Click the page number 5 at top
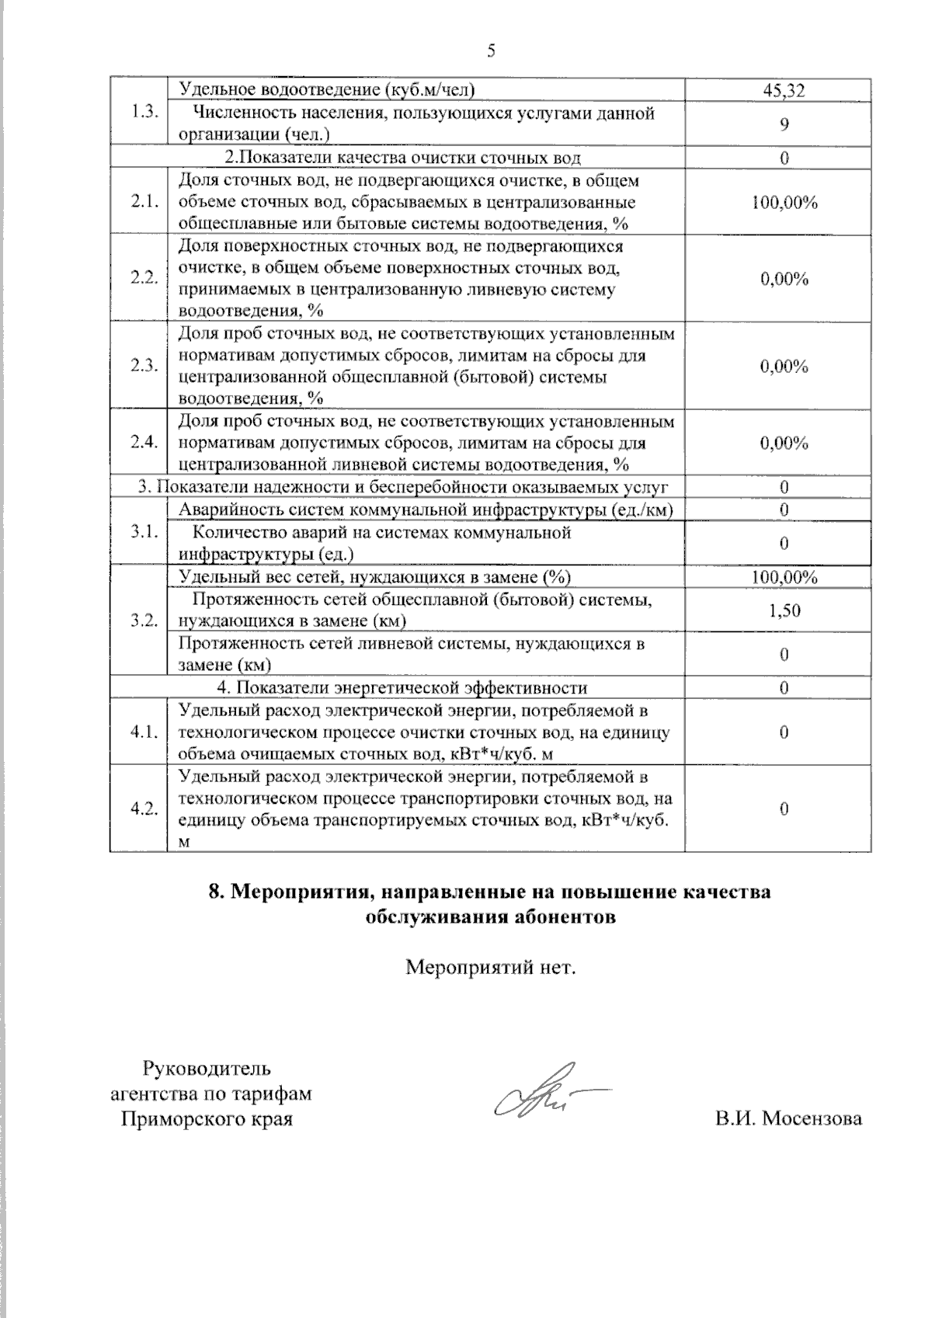[490, 52]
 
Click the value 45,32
[784, 90]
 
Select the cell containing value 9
[784, 123]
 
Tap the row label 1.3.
[145, 111]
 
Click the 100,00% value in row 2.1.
[784, 203]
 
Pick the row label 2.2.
[145, 278]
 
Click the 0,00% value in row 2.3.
[784, 366]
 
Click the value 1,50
[784, 610]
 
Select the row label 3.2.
[145, 620]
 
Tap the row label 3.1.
[145, 532]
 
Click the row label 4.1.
[145, 732]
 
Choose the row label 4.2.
[145, 808]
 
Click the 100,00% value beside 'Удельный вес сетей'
[784, 577]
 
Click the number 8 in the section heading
[217, 892]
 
